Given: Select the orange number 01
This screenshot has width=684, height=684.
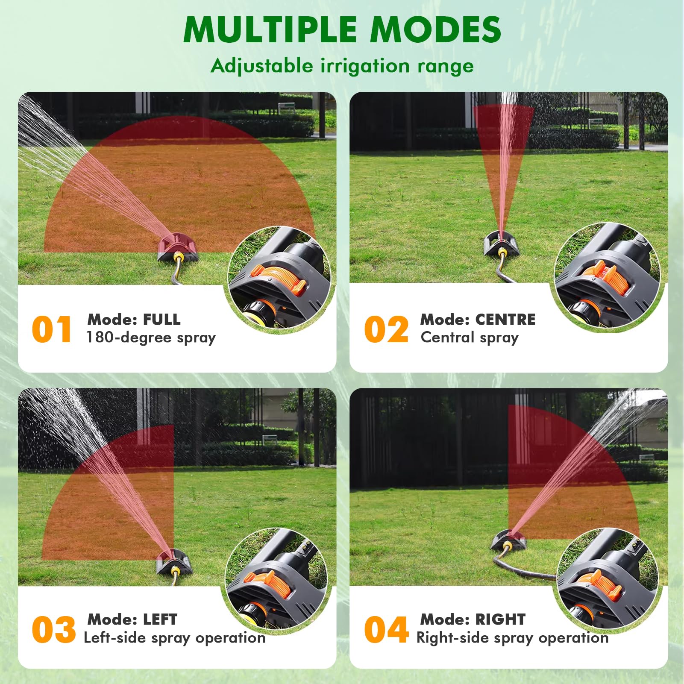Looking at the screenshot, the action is pyautogui.click(x=52, y=330).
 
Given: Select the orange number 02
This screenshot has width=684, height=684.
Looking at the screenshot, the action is pyautogui.click(x=386, y=330).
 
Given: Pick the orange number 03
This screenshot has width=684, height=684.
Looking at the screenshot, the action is pyautogui.click(x=54, y=630).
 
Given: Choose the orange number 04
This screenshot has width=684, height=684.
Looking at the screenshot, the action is pyautogui.click(x=386, y=630).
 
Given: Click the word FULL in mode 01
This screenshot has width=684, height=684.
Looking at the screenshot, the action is pyautogui.click(x=161, y=320).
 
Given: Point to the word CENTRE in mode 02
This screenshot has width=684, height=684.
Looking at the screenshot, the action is pyautogui.click(x=505, y=320).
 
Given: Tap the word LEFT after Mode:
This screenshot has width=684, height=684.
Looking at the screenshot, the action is pyautogui.click(x=160, y=619).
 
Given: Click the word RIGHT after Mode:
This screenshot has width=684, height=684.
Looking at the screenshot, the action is pyautogui.click(x=500, y=619).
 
